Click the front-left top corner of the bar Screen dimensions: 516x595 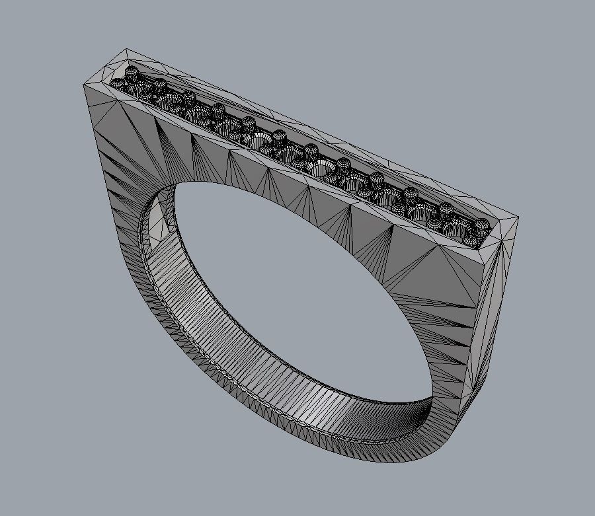point(83,84)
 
